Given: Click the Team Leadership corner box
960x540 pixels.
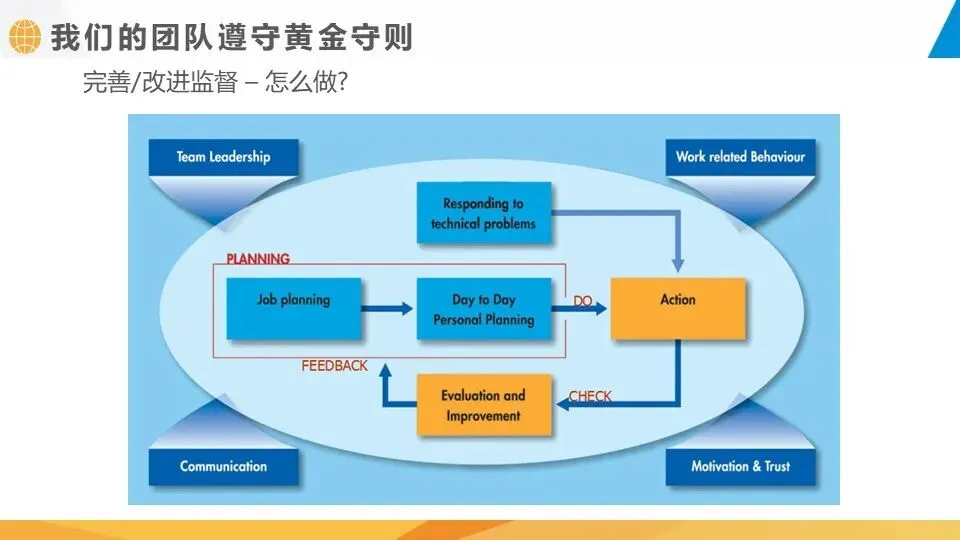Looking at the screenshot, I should pyautogui.click(x=223, y=157).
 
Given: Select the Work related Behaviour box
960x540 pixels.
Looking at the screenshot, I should pyautogui.click(x=740, y=157).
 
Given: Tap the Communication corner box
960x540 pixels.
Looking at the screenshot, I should pyautogui.click(x=223, y=466).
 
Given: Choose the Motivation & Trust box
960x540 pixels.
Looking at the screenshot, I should pyautogui.click(x=740, y=466).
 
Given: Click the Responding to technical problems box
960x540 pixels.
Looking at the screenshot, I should pyautogui.click(x=483, y=213).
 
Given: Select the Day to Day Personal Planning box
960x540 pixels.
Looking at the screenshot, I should pyautogui.click(x=484, y=309).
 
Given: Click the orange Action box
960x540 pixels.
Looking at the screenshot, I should pyautogui.click(x=678, y=309).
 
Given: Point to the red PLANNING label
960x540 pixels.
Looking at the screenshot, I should pyautogui.click(x=258, y=259).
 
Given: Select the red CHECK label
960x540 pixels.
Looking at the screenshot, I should pyautogui.click(x=590, y=397).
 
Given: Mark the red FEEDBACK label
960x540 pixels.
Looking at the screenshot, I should pyautogui.click(x=335, y=366).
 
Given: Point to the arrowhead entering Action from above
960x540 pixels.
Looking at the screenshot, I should pyautogui.click(x=678, y=264).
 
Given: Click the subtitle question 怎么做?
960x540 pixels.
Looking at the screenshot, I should pyautogui.click(x=306, y=83).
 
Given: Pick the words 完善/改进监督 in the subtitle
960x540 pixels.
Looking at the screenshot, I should pyautogui.click(x=160, y=83).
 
